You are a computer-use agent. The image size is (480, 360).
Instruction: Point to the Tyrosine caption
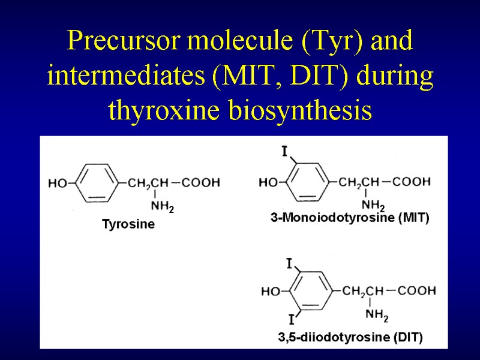(128, 224)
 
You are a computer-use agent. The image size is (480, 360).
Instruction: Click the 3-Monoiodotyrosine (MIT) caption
(350, 218)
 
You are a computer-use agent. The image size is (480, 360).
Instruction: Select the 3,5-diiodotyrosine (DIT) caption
(350, 338)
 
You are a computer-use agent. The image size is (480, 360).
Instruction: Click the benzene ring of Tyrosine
(96, 182)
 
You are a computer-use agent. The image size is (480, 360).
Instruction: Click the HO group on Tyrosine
(58, 183)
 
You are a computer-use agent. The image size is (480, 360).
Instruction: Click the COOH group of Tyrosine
(201, 182)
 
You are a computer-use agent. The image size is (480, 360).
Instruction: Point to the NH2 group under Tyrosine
(161, 207)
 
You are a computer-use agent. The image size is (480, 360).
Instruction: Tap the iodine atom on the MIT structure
(284, 151)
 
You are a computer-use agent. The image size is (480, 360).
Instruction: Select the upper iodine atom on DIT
(289, 263)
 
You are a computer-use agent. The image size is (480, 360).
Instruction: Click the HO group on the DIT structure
(271, 292)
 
